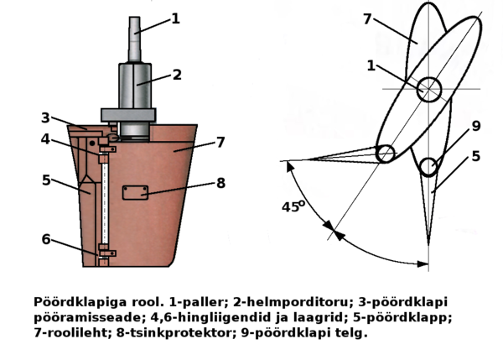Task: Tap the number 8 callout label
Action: point(220,183)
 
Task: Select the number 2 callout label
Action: point(178,75)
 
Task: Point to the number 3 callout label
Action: point(46,117)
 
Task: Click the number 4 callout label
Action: point(46,139)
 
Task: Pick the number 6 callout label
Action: point(47,238)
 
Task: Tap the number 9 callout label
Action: point(475,127)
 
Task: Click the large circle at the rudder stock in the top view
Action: point(429,88)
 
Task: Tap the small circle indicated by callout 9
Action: point(429,167)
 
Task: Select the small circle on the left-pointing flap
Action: point(386,154)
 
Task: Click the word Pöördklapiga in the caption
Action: point(71,300)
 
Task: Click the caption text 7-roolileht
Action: point(73,333)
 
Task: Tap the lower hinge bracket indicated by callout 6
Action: point(104,248)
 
